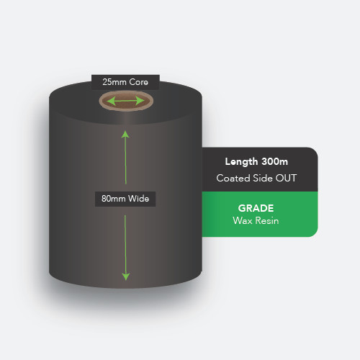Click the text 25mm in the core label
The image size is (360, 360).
[x=114, y=82]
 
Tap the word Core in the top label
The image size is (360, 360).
[x=138, y=82]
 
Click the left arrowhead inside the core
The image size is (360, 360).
[x=111, y=101]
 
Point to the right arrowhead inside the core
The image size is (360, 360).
[x=140, y=101]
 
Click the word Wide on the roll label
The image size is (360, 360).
[x=138, y=199]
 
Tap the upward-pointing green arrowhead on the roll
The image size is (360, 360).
[x=125, y=134]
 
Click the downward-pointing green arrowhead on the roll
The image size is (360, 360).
[x=126, y=276]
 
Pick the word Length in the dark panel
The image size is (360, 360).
[x=241, y=162]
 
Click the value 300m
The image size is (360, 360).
[x=275, y=162]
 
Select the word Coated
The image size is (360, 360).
[x=233, y=178]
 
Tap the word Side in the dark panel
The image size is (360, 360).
[x=263, y=178]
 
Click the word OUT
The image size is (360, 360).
[x=286, y=178]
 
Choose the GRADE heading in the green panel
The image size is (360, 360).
[x=256, y=208]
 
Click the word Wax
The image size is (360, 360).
[x=243, y=220]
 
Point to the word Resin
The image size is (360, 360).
[x=267, y=220]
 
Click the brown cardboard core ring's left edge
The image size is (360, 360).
[x=101, y=101]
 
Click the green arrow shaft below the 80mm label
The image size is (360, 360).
[x=125, y=244]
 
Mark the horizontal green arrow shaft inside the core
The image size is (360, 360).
[x=125, y=101]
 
